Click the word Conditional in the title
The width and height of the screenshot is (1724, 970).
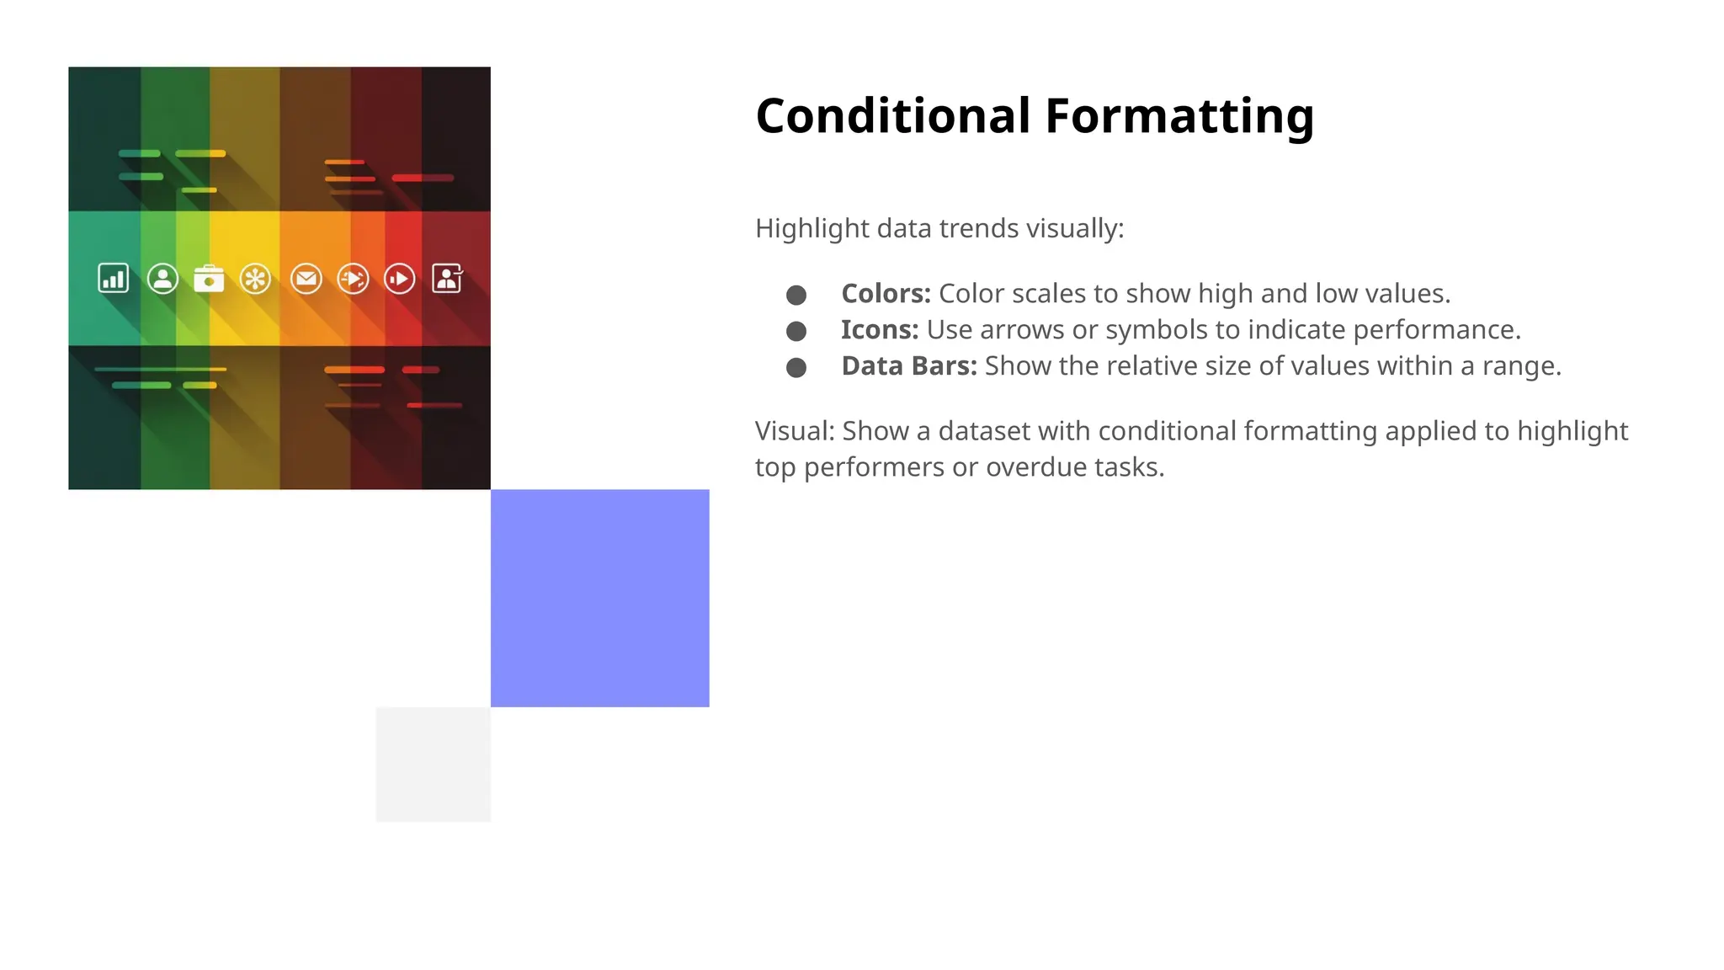click(892, 116)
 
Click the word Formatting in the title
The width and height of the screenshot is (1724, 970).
click(1179, 116)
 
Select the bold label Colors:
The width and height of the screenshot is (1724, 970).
click(886, 294)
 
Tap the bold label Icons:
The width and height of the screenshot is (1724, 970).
click(880, 330)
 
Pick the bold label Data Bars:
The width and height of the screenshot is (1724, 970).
click(908, 366)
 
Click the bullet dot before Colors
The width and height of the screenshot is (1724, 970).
click(795, 295)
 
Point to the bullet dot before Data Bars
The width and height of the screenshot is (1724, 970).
click(795, 368)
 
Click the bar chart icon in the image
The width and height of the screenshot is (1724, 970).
click(114, 278)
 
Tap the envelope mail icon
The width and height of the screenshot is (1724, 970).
click(306, 278)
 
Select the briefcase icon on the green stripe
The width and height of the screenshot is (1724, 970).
click(209, 279)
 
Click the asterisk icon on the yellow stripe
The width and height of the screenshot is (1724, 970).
click(255, 278)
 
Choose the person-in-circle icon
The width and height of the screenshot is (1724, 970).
click(162, 278)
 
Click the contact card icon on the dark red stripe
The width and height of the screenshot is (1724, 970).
click(447, 278)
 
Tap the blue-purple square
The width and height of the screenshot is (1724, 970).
click(599, 598)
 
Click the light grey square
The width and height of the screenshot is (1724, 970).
click(433, 765)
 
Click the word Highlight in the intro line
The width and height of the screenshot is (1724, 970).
click(800, 229)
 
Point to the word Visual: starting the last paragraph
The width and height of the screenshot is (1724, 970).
click(795, 431)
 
